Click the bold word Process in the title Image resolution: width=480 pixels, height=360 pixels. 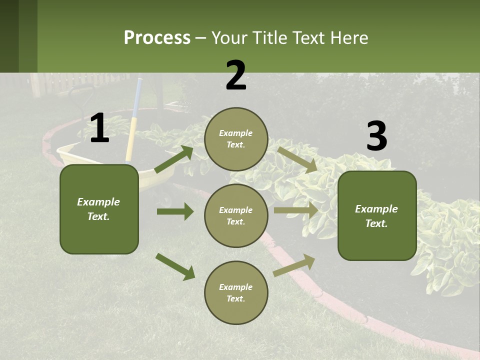click(x=157, y=38)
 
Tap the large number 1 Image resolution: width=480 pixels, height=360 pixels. click(x=99, y=128)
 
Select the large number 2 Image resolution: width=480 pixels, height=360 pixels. click(x=236, y=75)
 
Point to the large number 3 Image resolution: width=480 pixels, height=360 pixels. click(x=376, y=136)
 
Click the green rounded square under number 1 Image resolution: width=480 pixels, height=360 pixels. click(x=99, y=209)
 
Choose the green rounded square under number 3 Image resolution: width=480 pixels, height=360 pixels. click(x=377, y=215)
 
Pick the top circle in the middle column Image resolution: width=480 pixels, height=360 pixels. click(x=236, y=139)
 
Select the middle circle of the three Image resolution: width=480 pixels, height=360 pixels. click(x=236, y=215)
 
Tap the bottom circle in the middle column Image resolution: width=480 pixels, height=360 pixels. click(x=236, y=292)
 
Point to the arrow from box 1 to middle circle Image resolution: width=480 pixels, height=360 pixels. click(x=175, y=211)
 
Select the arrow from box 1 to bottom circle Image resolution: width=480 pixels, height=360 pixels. click(x=175, y=266)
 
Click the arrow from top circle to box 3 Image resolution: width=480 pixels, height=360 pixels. click(x=297, y=159)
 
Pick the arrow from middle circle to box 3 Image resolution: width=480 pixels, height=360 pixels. click(x=296, y=210)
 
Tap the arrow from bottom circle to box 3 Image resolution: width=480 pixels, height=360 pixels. click(x=294, y=265)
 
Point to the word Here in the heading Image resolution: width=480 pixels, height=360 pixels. click(x=350, y=38)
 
